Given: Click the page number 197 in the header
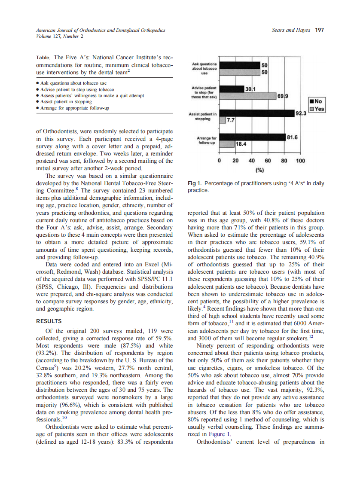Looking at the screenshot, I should pyautogui.click(x=319, y=30).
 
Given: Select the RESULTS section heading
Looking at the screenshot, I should pyautogui.click(x=49, y=321).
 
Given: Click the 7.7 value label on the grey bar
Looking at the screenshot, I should pyautogui.click(x=230, y=120).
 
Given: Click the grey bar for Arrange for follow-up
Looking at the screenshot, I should pyautogui.click(x=226, y=144).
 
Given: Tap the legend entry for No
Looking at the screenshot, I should pyautogui.click(x=317, y=101).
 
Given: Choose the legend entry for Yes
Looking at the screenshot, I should pyautogui.click(x=317, y=109).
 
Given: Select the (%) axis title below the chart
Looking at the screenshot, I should pyautogui.click(x=260, y=170).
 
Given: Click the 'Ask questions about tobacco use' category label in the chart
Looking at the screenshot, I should pyautogui.click(x=204, y=68).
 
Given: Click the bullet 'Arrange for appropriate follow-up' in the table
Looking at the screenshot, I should pyautogui.click(x=73, y=108).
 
